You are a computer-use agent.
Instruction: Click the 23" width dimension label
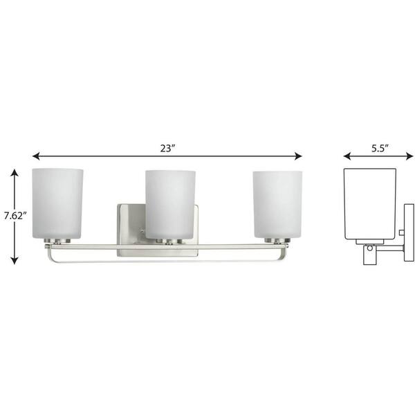pos(168,149)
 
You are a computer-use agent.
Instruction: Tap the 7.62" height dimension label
pos(16,216)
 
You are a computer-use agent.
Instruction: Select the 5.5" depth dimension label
pos(380,148)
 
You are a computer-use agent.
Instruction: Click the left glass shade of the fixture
pos(57,203)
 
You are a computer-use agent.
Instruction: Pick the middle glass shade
pos(170,205)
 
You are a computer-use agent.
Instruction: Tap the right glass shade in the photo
pos(277,204)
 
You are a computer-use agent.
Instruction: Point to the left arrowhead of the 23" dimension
pos(36,156)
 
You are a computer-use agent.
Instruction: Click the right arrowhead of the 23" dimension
pos(298,156)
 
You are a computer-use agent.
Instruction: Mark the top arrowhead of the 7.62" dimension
pos(15,174)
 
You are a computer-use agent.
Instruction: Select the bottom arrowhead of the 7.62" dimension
pos(15,261)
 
